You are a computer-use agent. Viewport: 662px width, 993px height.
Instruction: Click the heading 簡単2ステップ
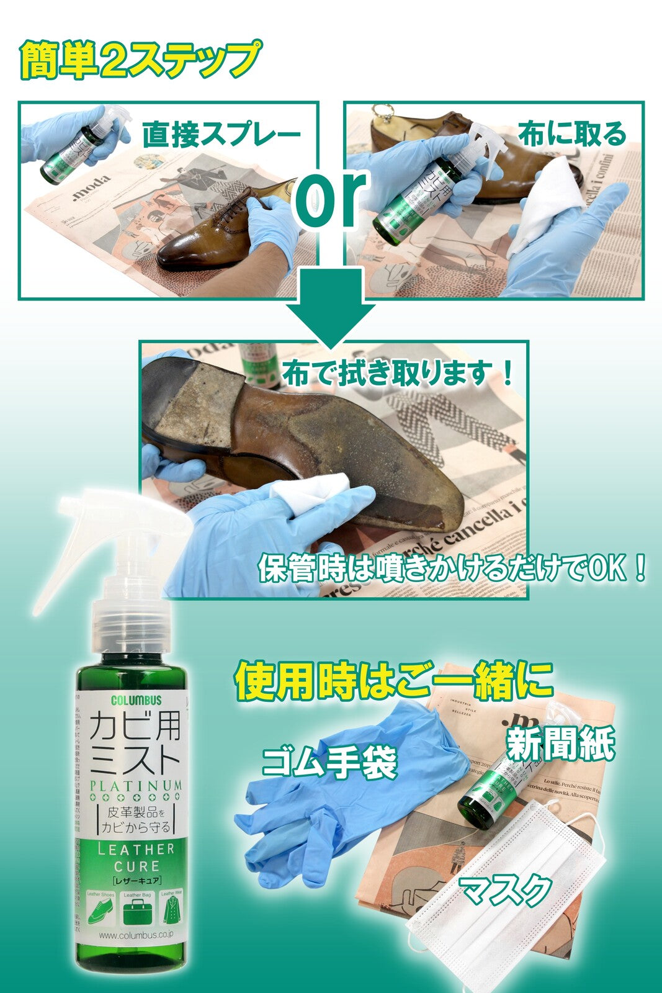tap(140, 60)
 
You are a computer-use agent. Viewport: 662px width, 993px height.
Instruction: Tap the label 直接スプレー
tap(221, 135)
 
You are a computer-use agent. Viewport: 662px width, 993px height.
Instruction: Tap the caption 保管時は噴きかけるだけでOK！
tap(452, 568)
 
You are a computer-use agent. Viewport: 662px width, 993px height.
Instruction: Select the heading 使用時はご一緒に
tap(393, 681)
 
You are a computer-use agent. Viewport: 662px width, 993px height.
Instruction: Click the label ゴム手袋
tap(329, 762)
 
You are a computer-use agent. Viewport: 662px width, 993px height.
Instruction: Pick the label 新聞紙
tap(560, 743)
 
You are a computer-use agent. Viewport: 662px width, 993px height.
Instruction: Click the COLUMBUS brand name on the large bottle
tap(136, 701)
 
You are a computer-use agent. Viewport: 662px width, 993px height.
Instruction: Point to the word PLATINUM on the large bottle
tap(136, 786)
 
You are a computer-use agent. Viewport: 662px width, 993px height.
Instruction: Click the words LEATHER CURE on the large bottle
tap(136, 857)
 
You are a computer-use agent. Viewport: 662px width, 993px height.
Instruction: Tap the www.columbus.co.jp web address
tap(136, 935)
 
